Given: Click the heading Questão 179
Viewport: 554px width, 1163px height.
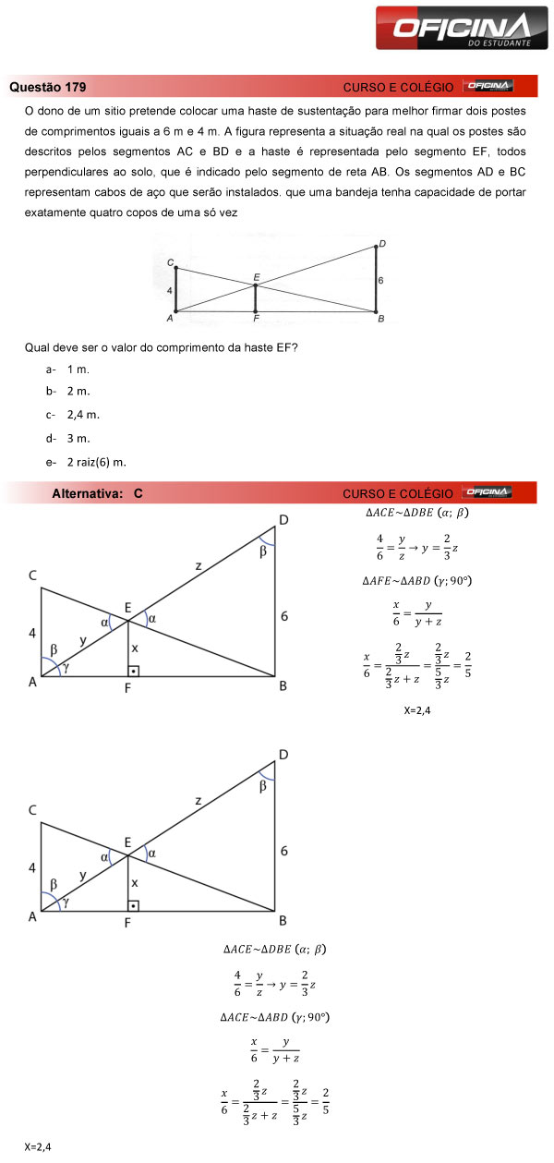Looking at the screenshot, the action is [x=48, y=88].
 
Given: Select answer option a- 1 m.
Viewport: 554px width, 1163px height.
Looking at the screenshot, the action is [x=68, y=369].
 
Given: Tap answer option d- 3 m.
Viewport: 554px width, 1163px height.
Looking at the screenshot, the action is [x=68, y=438].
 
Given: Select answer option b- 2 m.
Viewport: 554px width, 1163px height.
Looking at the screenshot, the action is [x=68, y=392].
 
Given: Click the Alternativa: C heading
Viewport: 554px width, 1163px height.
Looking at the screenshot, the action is [x=98, y=494].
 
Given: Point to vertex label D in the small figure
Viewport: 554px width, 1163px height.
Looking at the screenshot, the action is [x=381, y=243].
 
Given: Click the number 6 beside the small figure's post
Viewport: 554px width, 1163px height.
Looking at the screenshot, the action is [x=380, y=279].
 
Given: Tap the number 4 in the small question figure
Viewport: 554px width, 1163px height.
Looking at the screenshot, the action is [x=170, y=290].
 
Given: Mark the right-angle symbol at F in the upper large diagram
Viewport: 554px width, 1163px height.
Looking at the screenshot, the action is [x=134, y=670].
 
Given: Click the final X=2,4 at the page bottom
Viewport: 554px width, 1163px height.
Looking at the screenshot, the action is [x=39, y=1147].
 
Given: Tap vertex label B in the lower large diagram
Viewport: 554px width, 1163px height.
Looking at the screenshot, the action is [x=283, y=921].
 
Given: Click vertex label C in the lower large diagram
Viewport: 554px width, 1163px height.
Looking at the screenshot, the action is [x=32, y=810].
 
